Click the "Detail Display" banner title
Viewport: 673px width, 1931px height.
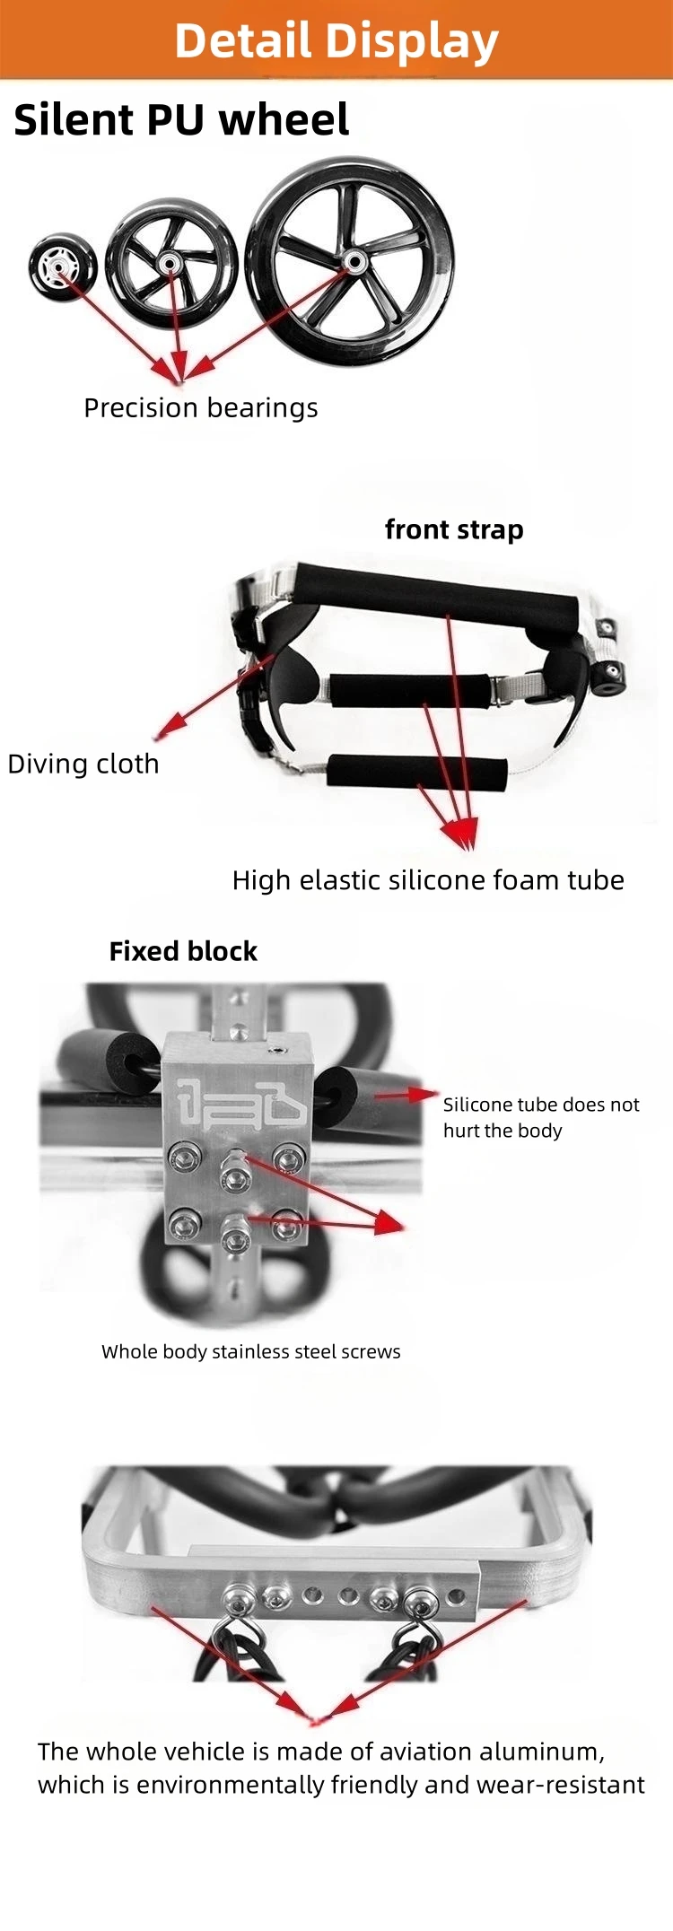[x=336, y=40]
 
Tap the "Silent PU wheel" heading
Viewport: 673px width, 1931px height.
[x=181, y=120]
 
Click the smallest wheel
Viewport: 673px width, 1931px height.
[x=62, y=267]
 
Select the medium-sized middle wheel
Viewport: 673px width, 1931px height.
[x=171, y=266]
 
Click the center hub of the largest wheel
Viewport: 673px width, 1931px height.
[x=354, y=262]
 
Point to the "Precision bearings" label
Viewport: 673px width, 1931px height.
[x=200, y=408]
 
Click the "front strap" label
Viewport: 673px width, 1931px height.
[x=454, y=530]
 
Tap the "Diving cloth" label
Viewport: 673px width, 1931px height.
[x=83, y=764]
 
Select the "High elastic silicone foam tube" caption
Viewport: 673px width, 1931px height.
[x=428, y=880]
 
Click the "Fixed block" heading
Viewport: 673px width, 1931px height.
[x=183, y=951]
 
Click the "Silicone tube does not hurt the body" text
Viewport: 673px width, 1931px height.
[x=540, y=1117]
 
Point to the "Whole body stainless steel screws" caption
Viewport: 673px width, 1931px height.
[x=250, y=1351]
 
